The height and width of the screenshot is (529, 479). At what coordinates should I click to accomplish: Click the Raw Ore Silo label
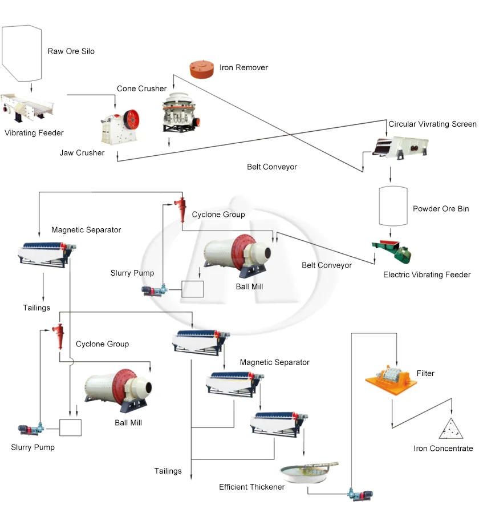(71, 51)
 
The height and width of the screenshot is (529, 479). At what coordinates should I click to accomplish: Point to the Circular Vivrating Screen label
(432, 124)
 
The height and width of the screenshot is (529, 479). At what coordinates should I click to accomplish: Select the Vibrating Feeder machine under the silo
(28, 107)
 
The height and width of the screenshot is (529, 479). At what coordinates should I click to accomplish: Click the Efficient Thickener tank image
(308, 473)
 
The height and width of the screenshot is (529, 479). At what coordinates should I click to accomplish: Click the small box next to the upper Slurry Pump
(192, 289)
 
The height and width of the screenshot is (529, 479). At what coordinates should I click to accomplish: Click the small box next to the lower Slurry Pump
(70, 427)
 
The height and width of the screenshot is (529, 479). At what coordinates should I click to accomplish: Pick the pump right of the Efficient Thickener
(360, 495)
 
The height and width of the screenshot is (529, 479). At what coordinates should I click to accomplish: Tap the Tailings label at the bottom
(168, 471)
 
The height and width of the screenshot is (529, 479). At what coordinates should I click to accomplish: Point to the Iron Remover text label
(243, 67)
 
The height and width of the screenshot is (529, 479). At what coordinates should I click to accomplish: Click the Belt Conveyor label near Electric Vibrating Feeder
(327, 265)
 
